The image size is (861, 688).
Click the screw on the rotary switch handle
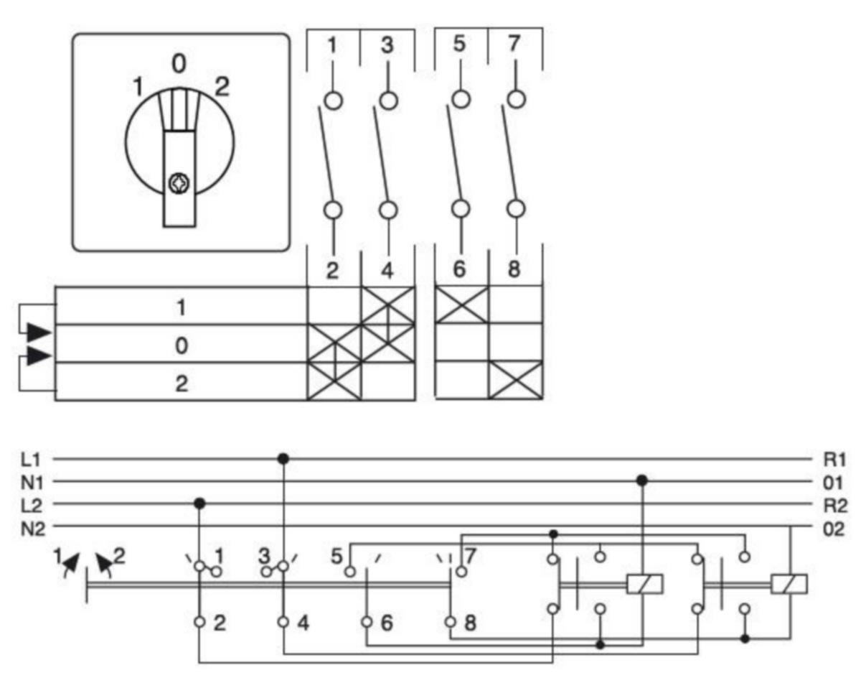tap(179, 183)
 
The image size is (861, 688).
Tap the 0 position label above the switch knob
tap(179, 64)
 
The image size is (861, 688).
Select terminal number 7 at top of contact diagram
tap(514, 43)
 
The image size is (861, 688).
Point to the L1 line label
tap(31, 460)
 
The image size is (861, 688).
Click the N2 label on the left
tap(33, 529)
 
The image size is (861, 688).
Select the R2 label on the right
tap(835, 506)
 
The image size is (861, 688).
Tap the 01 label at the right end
tap(834, 483)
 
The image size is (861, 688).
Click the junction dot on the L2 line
tap(199, 503)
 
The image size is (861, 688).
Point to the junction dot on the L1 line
tap(283, 458)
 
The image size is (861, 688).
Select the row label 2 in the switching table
tap(182, 383)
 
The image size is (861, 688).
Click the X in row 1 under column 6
tap(461, 305)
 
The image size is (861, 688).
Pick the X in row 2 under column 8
tap(516, 380)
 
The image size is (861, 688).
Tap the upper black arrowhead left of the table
tap(39, 333)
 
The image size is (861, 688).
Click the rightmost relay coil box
tap(789, 584)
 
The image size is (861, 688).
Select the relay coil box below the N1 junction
tap(644, 584)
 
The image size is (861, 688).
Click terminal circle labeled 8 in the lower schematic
tap(451, 623)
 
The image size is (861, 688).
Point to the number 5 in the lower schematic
tap(337, 557)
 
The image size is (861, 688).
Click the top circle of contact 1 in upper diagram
tap(333, 100)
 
